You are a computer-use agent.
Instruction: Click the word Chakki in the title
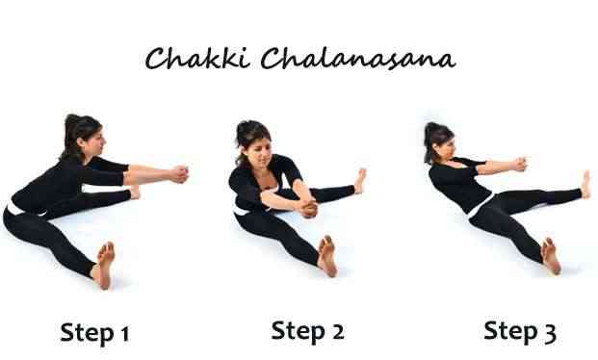[x=197, y=59]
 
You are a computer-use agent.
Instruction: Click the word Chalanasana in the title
[x=358, y=59]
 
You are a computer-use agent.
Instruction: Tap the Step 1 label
[x=95, y=333]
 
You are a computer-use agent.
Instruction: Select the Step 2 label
[x=307, y=330]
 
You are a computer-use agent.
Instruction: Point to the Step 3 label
[x=520, y=331]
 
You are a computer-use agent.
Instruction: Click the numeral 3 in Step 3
[x=549, y=332]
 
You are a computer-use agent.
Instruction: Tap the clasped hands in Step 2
[x=308, y=208]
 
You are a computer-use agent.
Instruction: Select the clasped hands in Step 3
[x=519, y=165]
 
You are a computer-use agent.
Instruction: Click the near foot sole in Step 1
[x=105, y=265]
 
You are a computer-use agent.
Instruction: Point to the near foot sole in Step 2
[x=327, y=255]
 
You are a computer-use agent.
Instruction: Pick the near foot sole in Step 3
[x=551, y=255]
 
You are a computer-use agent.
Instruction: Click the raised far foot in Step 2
[x=360, y=181]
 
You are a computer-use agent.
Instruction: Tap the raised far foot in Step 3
[x=585, y=185]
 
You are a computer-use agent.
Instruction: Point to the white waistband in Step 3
[x=480, y=206]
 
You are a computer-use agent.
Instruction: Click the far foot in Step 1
[x=134, y=192]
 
